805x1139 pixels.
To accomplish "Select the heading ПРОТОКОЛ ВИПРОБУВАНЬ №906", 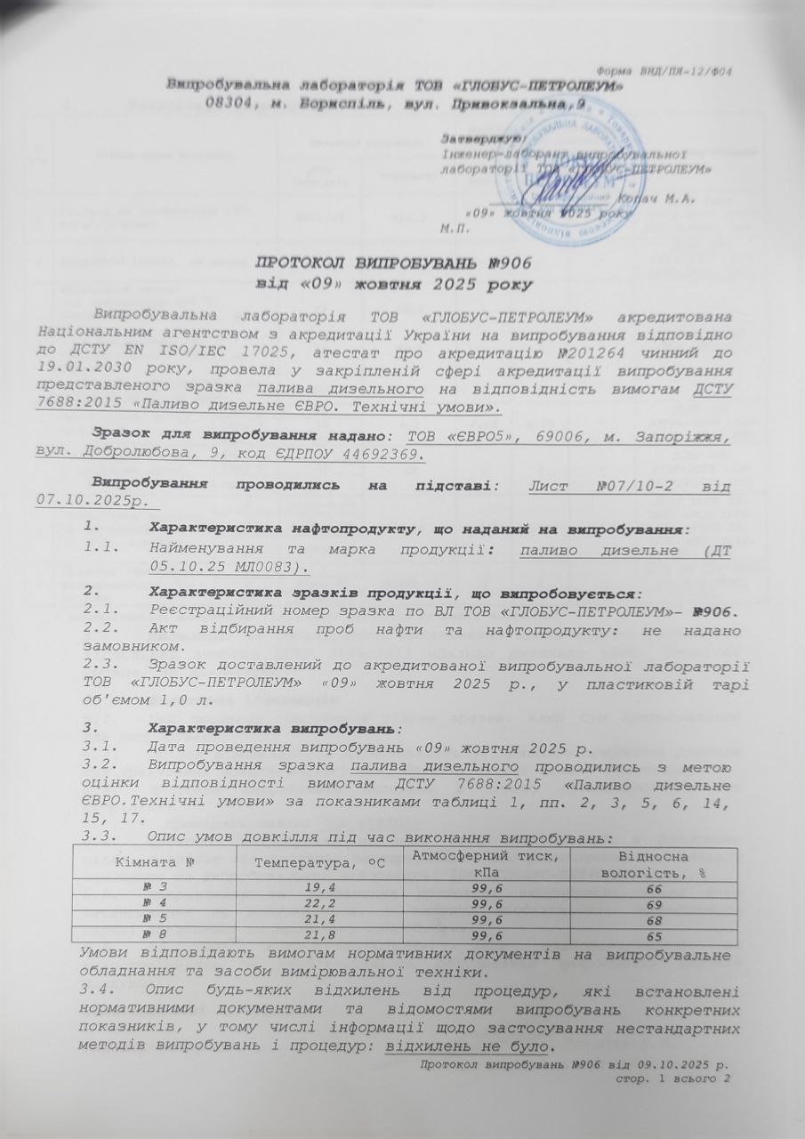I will tap(396, 263).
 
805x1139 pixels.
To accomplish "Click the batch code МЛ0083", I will tap(259, 568).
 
